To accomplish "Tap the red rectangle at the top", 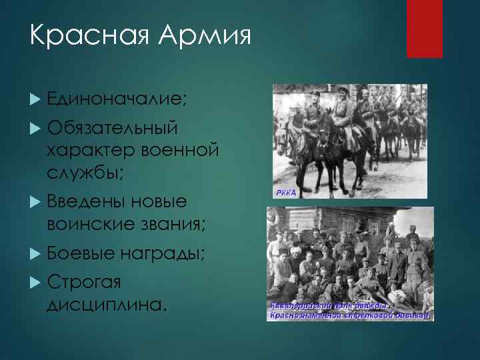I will (425, 29).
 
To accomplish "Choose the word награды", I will (165, 253).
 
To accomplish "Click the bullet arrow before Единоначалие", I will (36, 99).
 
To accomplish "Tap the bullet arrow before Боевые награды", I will (36, 254).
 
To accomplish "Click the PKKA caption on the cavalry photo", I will (285, 192).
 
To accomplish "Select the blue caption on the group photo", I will (350, 310).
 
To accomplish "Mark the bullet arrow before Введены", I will (36, 202).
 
